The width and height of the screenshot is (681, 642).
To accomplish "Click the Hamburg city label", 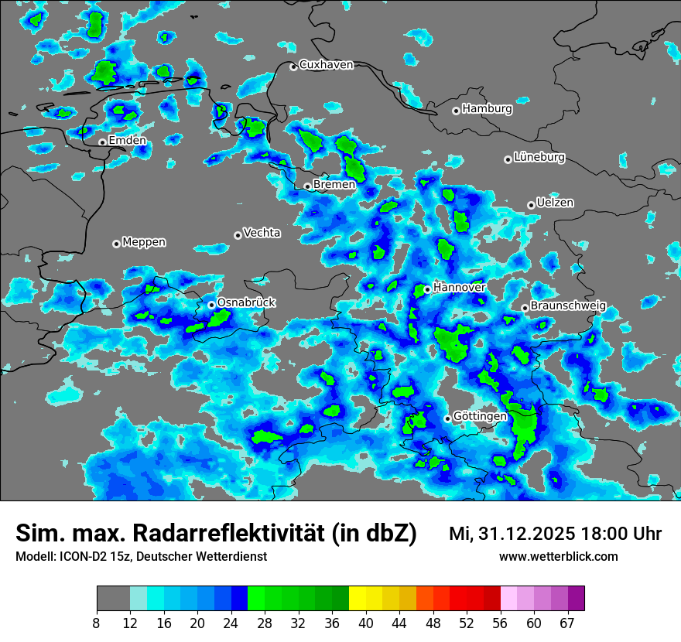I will pos(487,109).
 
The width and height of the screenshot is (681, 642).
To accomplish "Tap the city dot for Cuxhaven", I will pos(293,67).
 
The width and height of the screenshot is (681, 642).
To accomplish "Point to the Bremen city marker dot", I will pos(307,186).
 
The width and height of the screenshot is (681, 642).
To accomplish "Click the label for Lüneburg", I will pos(539,158).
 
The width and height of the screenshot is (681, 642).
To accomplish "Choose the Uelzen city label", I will pos(555,203).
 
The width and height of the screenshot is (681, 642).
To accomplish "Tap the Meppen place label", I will pos(144,242).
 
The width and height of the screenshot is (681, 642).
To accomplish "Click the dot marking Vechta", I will pos(238,235).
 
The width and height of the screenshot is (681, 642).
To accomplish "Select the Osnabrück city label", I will pos(246,302).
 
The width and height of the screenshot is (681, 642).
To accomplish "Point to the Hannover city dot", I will pos(427,289).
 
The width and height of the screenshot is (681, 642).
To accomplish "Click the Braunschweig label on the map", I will pos(568,306).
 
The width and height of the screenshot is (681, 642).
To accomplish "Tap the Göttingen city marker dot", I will pos(447,418).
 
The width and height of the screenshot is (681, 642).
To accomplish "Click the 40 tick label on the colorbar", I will pos(365,623).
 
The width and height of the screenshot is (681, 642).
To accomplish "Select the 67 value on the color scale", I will pos(566,623).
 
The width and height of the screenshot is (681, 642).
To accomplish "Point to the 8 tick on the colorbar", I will pos(97,623).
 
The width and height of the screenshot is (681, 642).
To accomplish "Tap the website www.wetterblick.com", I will pos(559,557).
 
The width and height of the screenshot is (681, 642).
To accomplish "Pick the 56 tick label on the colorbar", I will pos(499,623).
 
